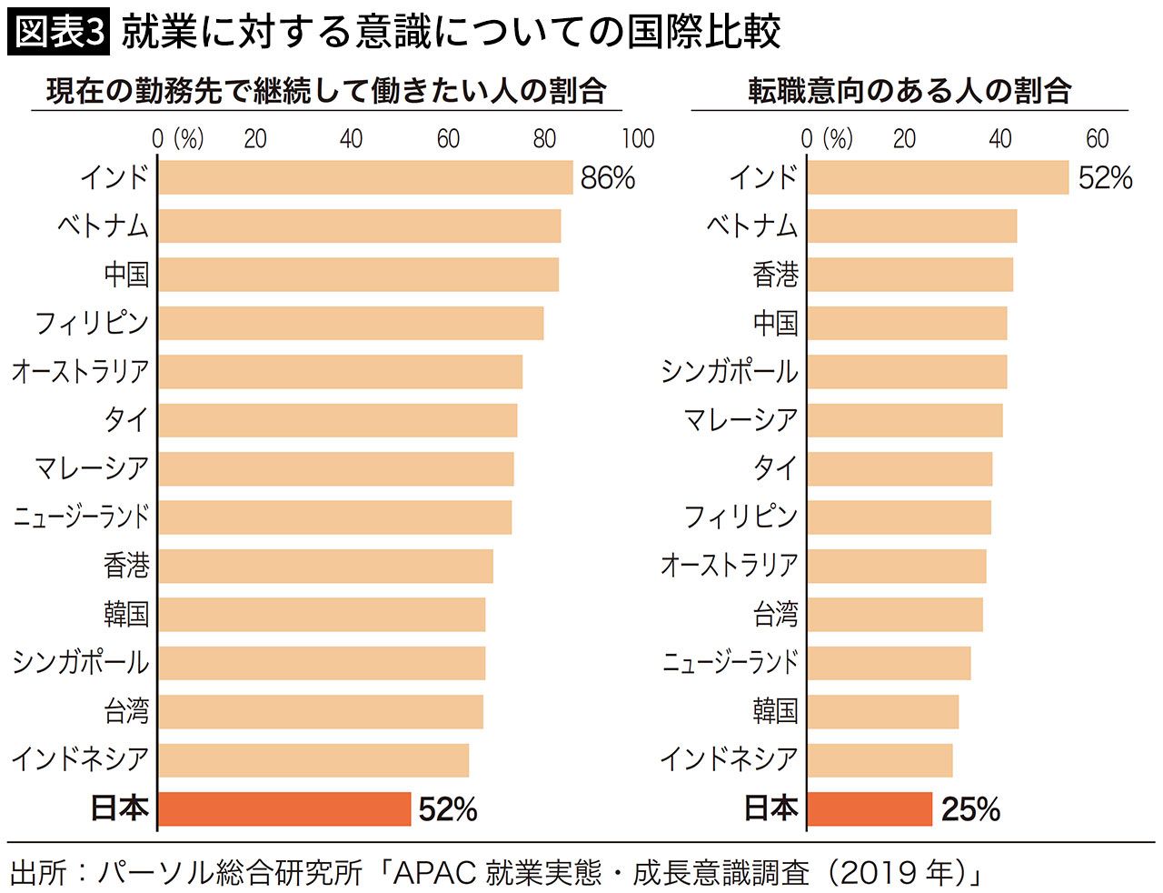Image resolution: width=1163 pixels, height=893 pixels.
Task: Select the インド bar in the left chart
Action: [x=365, y=177]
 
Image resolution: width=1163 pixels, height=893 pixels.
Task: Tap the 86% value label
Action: [x=608, y=177]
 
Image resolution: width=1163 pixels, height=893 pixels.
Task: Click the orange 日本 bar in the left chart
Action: [x=284, y=808]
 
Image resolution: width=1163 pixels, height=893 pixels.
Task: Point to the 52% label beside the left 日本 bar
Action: [x=448, y=808]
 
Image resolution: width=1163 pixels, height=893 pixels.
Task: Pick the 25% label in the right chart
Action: [x=970, y=808]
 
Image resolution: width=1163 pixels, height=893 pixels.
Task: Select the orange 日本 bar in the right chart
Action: [x=870, y=808]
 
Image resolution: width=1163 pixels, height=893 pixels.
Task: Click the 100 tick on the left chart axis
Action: [x=638, y=138]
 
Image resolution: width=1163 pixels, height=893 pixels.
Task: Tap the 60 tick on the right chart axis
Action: [x=1097, y=138]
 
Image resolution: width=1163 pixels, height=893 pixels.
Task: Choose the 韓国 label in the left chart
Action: [x=126, y=614]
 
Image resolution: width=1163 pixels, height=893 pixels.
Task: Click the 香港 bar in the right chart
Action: [x=910, y=275]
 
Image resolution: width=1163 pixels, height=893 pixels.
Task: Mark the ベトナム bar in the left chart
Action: [x=360, y=226]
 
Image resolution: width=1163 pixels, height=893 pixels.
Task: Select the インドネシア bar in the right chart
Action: [x=880, y=760]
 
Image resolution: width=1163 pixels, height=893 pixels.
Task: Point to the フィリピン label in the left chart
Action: [x=92, y=323]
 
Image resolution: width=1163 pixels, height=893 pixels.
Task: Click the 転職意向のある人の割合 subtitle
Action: [x=910, y=91]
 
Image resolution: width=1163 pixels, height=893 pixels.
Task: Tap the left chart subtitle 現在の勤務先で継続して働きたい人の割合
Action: [x=326, y=91]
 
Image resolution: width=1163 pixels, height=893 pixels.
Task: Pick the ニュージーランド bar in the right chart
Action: [x=889, y=663]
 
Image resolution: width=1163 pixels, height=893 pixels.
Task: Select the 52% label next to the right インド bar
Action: [x=1105, y=177]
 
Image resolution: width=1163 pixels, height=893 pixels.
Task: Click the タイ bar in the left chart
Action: [x=338, y=420]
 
